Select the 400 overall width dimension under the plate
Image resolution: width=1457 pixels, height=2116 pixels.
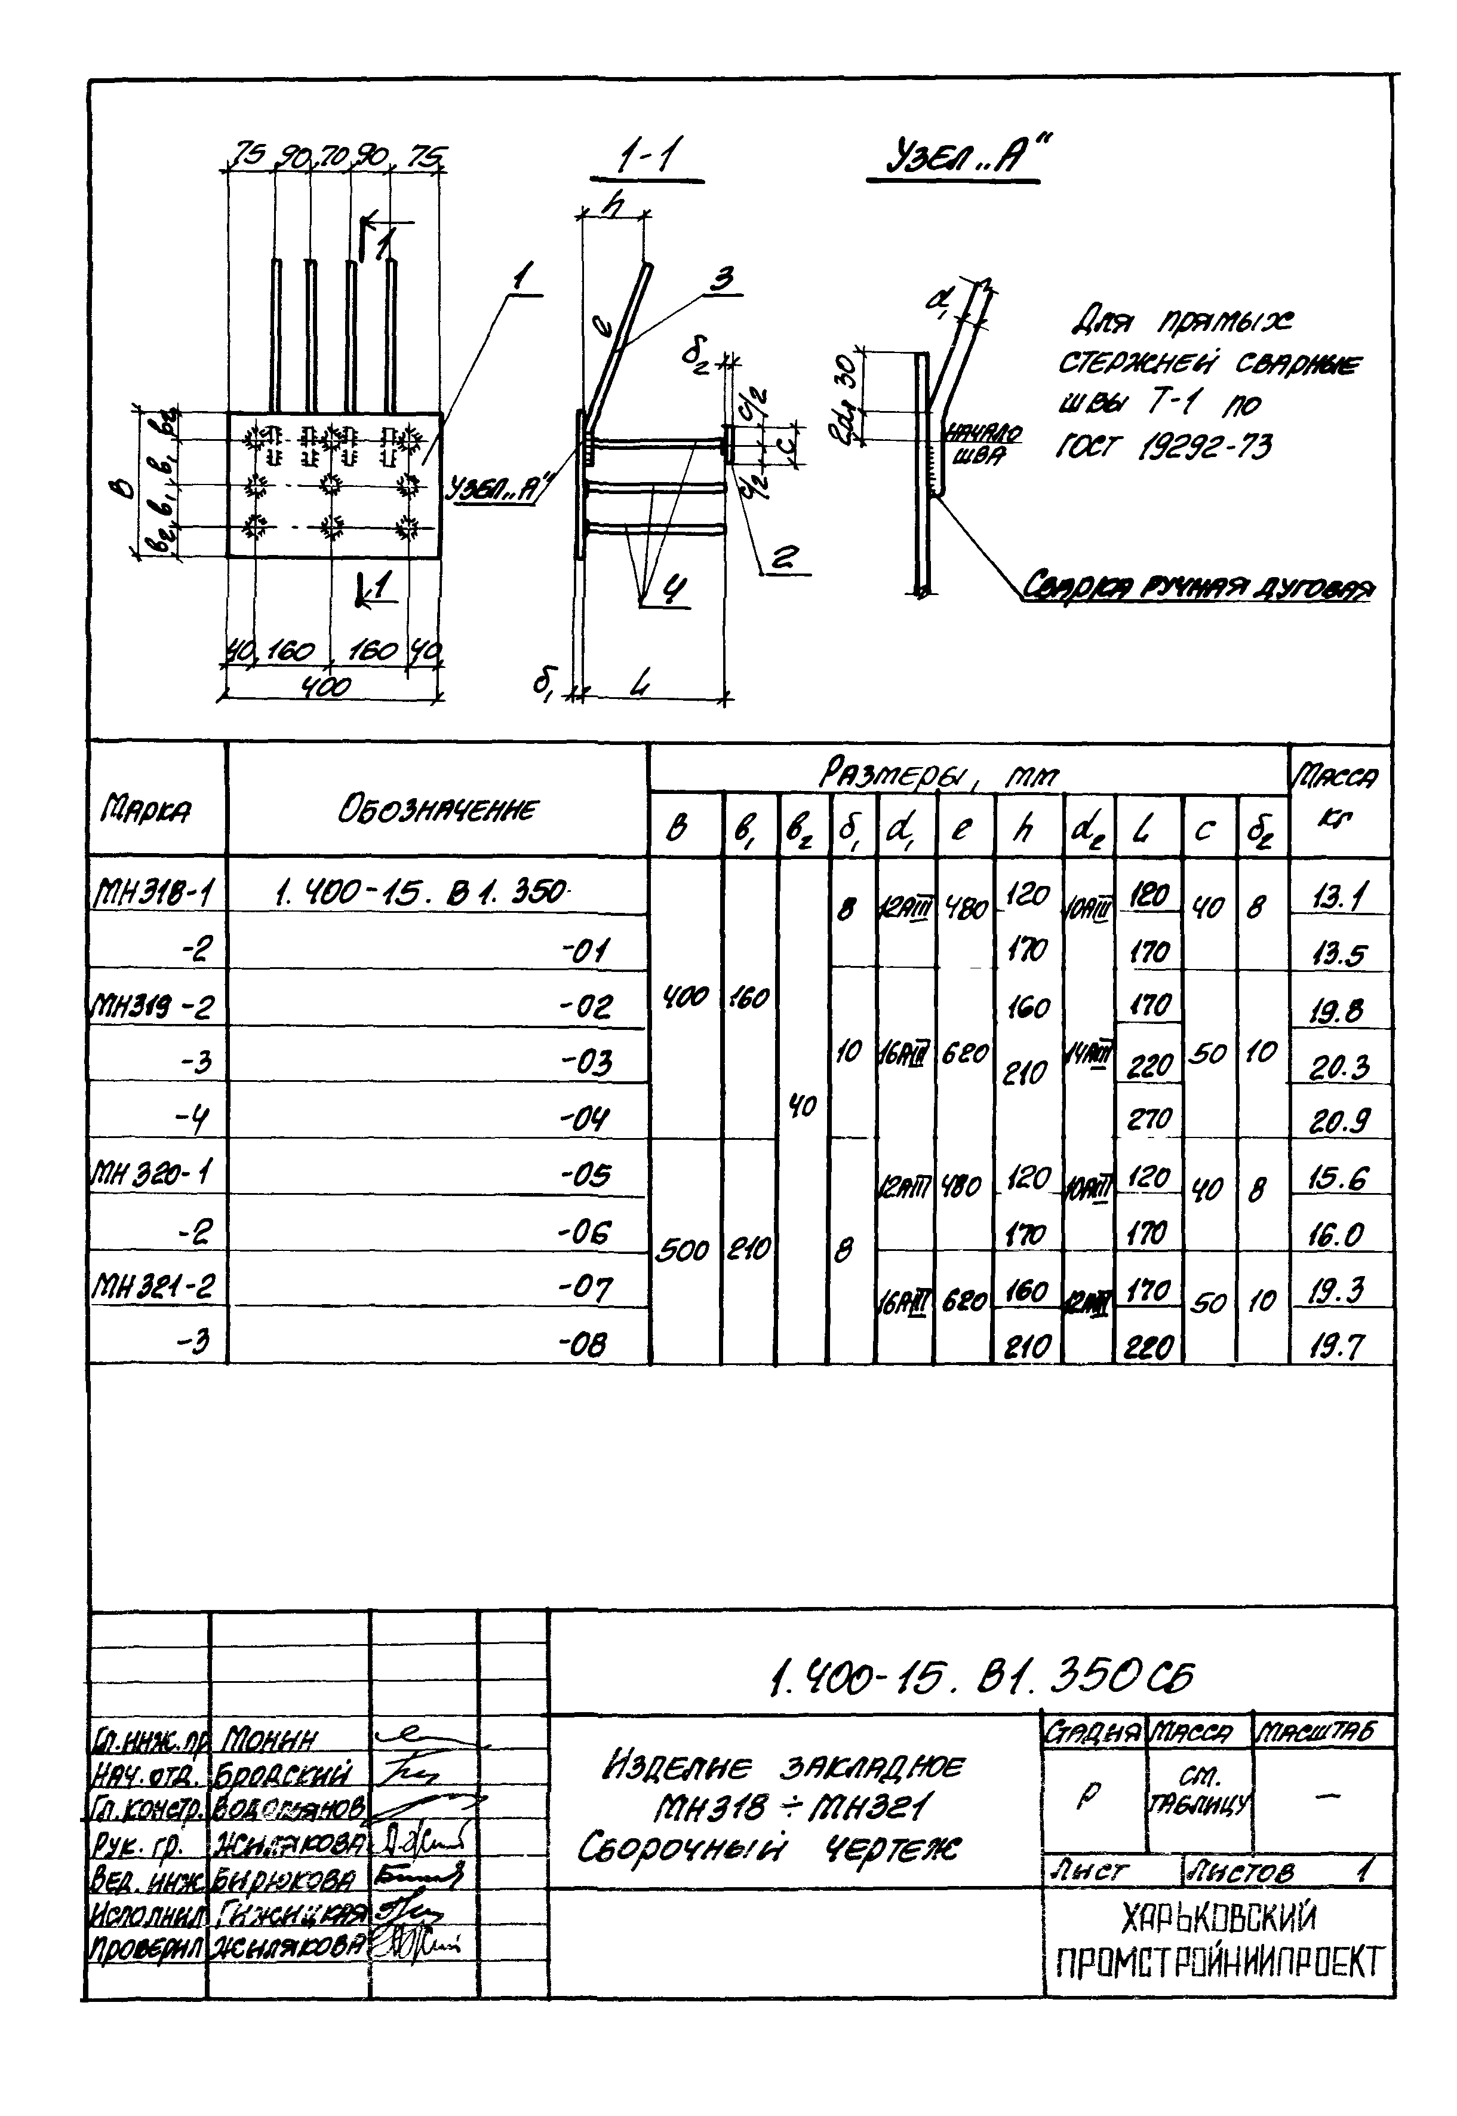[x=327, y=686]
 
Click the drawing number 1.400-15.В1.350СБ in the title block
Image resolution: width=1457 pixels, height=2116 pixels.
[x=981, y=1674]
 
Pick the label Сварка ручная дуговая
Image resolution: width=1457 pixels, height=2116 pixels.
[x=1196, y=585]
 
